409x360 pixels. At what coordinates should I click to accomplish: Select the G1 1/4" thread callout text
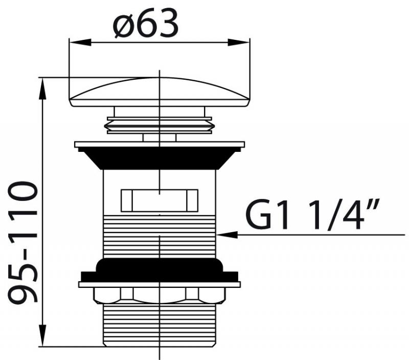(x=312, y=214)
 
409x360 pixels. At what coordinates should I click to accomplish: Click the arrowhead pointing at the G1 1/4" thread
(x=227, y=235)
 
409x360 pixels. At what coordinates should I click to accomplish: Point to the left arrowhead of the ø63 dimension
(x=80, y=42)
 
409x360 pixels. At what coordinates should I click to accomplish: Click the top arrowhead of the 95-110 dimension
(x=42, y=88)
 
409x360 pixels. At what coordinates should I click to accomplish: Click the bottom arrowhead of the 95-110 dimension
(x=42, y=335)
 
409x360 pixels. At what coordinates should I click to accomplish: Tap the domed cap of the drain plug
(x=159, y=92)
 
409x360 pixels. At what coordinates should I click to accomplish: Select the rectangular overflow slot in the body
(x=160, y=200)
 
